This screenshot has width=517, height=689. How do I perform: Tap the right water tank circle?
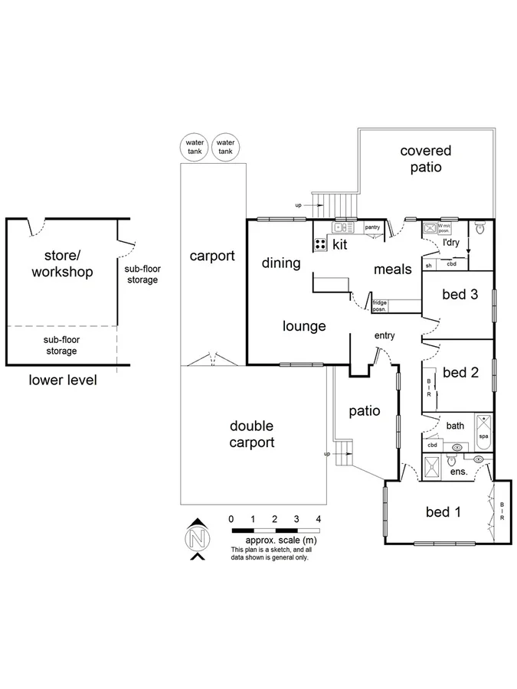225,147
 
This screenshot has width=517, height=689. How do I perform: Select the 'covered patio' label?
425,159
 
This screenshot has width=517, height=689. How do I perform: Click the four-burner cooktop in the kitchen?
320,244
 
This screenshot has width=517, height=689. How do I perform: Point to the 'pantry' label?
372,227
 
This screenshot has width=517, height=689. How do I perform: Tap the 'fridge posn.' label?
380,305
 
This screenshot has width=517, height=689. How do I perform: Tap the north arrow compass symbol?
198,539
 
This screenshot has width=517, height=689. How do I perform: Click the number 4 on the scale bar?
319,519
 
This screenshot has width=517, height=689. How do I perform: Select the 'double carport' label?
252,434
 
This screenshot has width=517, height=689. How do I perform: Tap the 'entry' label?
384,335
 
